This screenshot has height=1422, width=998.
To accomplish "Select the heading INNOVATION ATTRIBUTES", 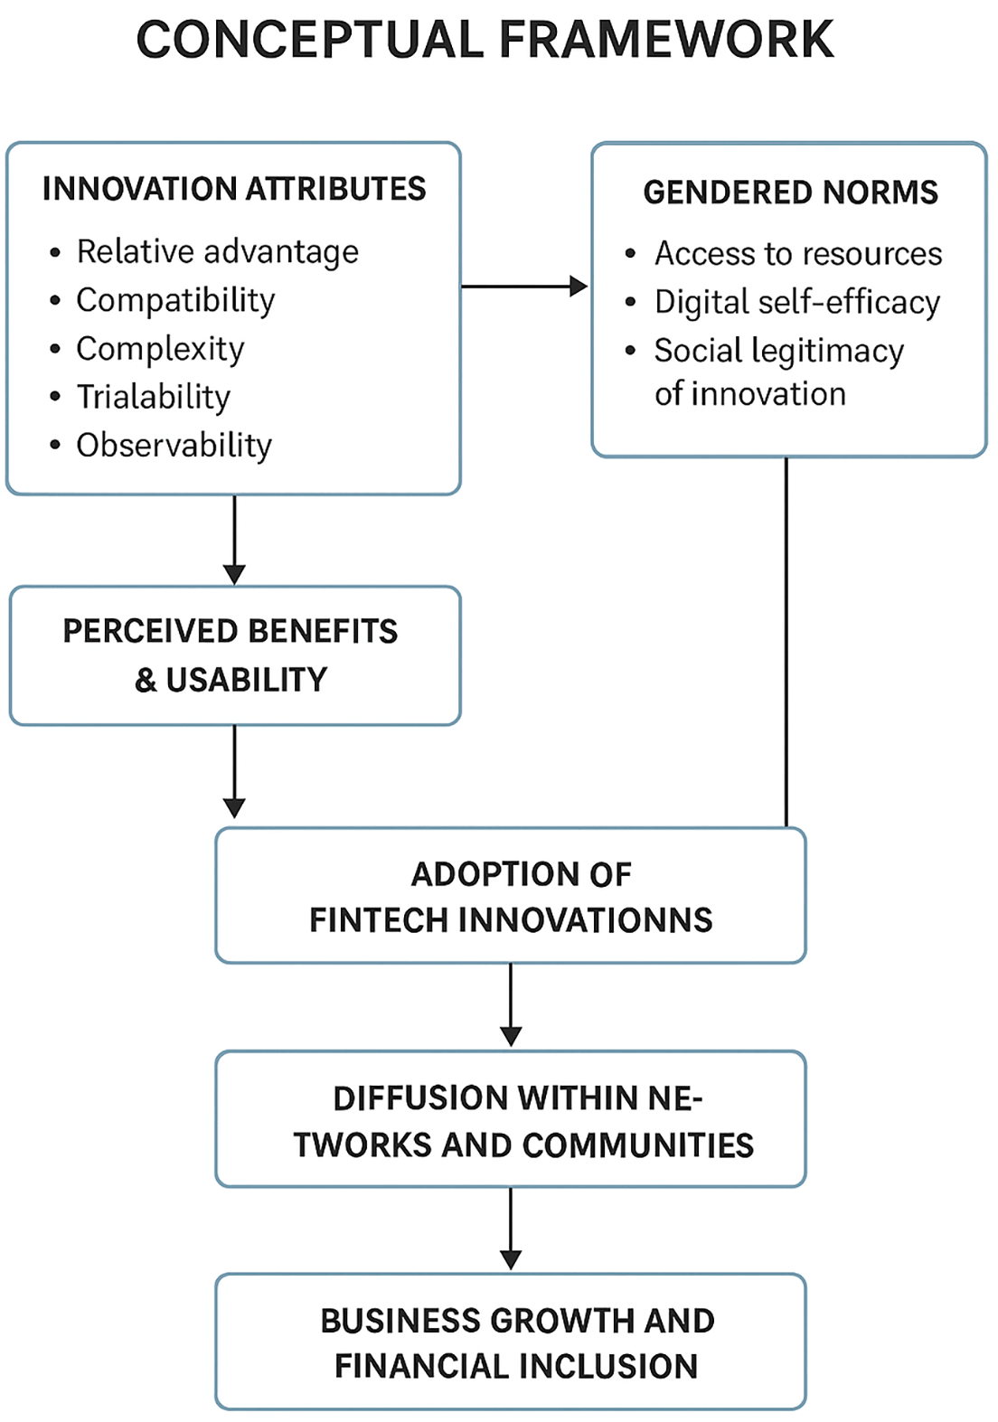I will coord(234,189).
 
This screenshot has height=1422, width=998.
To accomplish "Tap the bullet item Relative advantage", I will coord(217,251).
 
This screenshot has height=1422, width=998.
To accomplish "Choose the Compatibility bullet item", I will coord(175,300).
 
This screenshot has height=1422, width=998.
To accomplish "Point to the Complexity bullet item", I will coord(160,349).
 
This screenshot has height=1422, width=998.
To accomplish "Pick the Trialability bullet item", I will coord(153,397).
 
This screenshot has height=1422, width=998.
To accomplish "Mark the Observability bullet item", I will coord(174,446).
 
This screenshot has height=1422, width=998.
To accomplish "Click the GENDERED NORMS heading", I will coord(790,193).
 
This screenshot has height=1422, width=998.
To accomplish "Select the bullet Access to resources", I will coord(797,254).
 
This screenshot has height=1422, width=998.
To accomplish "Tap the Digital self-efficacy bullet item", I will coord(796,303).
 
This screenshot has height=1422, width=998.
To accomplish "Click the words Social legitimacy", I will coord(778,351).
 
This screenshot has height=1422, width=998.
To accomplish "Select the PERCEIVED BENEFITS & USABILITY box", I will coord(234,655).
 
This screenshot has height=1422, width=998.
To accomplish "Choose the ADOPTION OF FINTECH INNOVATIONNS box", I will coord(511,896).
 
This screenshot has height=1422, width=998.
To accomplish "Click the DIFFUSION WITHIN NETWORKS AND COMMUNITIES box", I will coord(511,1119).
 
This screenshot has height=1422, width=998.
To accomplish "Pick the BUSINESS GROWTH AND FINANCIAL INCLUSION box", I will coord(511,1342).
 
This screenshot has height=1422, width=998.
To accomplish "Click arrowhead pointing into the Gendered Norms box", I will coord(579,287).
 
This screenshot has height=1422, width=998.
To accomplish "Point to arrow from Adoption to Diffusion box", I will coord(511,1005).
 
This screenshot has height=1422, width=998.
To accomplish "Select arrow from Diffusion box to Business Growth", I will coord(511,1229).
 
